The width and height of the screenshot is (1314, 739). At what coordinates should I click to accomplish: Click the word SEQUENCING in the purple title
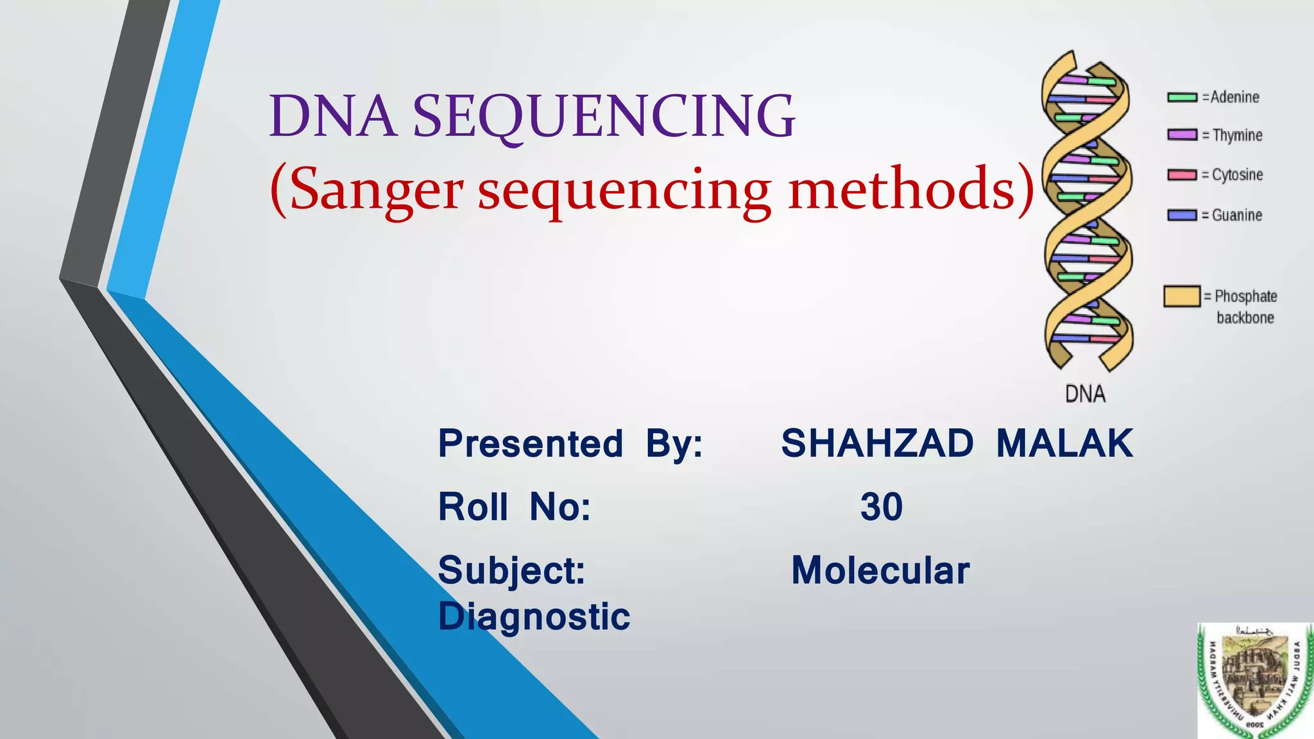(x=603, y=116)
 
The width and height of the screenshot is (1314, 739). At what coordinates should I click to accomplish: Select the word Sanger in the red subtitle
(x=376, y=190)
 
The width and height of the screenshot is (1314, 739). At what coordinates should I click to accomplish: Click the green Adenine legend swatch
(x=1182, y=98)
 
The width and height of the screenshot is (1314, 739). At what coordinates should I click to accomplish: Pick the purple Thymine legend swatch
(x=1182, y=135)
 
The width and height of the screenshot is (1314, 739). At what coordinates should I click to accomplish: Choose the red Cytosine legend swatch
(x=1182, y=175)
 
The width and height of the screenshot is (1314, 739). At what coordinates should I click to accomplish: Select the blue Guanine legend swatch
(x=1182, y=216)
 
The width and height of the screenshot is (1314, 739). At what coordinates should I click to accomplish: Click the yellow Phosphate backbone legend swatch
(x=1181, y=296)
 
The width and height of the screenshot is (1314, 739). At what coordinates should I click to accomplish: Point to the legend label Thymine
(x=1237, y=135)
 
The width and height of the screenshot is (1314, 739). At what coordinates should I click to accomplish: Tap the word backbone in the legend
(x=1245, y=318)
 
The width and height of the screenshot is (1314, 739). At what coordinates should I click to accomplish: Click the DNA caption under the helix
(x=1085, y=394)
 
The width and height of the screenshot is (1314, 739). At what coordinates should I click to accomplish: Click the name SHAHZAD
(x=876, y=443)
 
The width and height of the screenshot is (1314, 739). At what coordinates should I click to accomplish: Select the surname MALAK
(x=1064, y=443)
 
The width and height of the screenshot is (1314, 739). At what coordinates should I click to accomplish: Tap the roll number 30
(x=881, y=507)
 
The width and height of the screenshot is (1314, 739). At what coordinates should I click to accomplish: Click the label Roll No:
(x=514, y=507)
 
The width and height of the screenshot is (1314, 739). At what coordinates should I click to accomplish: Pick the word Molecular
(x=880, y=570)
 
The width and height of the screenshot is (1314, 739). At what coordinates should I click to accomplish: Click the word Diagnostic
(x=534, y=616)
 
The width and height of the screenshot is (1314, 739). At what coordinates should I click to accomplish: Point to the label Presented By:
(x=570, y=443)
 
